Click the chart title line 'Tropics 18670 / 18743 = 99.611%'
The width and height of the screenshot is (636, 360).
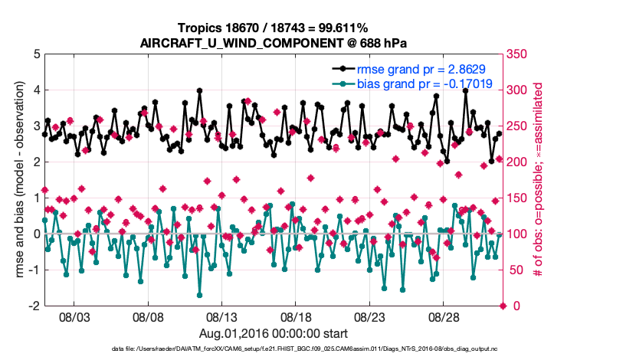click(x=273, y=28)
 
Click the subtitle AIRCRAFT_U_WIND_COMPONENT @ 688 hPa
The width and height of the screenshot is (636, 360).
click(x=273, y=43)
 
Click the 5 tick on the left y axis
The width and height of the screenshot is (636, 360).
click(x=37, y=54)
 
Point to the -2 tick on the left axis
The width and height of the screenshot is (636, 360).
click(x=35, y=306)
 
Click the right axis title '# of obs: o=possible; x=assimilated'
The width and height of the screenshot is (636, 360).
click(x=539, y=180)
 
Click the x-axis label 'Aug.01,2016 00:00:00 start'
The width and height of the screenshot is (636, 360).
click(x=273, y=333)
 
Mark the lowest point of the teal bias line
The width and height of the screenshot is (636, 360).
click(x=200, y=295)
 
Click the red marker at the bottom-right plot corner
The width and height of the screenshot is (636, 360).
click(x=503, y=306)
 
